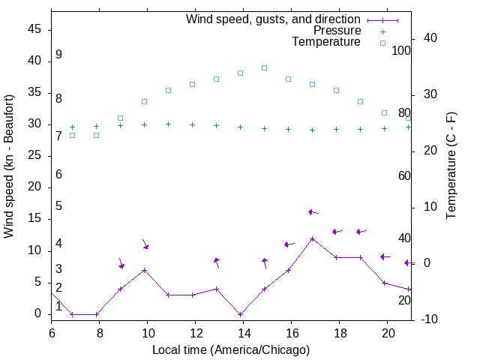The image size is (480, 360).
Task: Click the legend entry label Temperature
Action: [x=326, y=42]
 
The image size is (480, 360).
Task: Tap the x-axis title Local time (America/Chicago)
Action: [x=230, y=349]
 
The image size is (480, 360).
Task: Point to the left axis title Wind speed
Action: [x=9, y=166]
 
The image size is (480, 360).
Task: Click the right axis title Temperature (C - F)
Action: [x=451, y=166]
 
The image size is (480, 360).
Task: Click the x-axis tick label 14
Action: [x=243, y=332]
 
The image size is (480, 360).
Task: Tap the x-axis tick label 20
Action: [x=387, y=332]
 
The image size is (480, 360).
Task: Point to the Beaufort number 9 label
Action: [x=58, y=55]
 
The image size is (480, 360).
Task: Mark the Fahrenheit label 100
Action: [x=402, y=51]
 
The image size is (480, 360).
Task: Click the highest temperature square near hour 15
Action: [x=264, y=67]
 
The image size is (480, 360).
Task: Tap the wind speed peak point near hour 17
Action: [x=312, y=238]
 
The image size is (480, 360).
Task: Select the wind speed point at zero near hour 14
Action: [x=240, y=314]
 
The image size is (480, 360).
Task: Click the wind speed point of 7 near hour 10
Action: [x=144, y=270]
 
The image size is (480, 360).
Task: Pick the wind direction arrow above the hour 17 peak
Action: [x=313, y=212]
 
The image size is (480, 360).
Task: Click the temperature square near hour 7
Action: [x=72, y=135]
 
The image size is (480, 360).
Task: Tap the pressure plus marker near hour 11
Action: [x=168, y=124]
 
